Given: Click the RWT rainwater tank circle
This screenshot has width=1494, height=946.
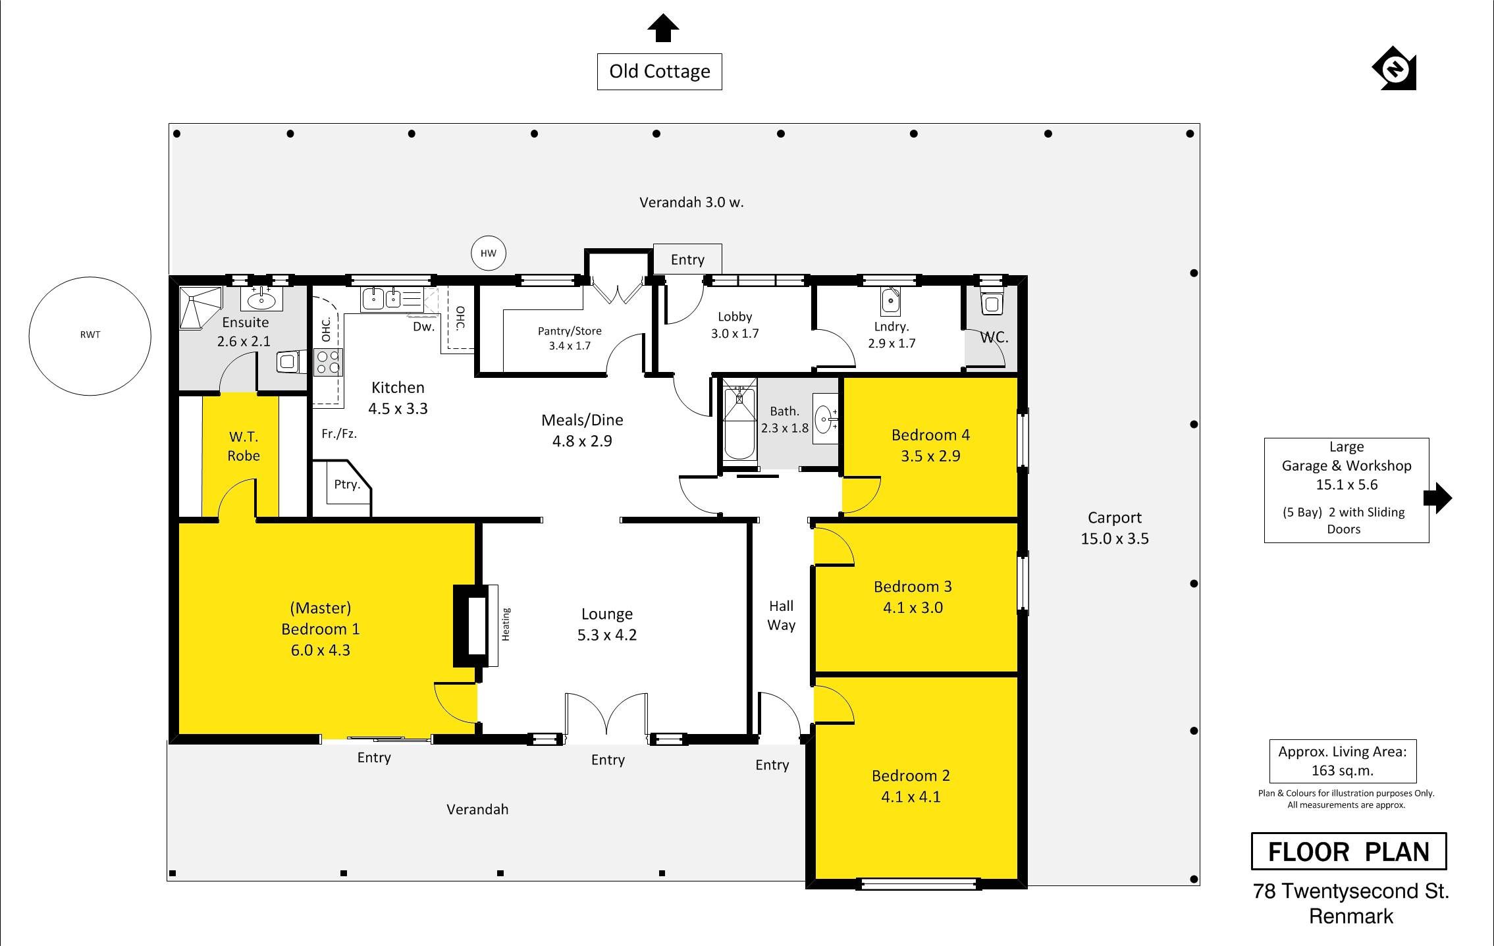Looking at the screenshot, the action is (90, 277).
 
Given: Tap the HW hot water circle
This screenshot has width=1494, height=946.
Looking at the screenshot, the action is (489, 236).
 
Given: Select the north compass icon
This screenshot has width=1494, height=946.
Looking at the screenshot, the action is (1395, 68).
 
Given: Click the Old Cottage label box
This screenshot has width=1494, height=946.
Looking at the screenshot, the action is (659, 72).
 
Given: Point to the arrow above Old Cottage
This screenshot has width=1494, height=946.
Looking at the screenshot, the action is (663, 28).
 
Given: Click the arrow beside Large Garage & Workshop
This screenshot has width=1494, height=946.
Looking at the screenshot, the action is (1438, 498).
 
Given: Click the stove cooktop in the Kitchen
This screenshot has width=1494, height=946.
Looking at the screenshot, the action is (328, 363).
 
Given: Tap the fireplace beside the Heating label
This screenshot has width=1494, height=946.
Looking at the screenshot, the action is (471, 625).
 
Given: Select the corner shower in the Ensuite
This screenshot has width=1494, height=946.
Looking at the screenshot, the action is (200, 307).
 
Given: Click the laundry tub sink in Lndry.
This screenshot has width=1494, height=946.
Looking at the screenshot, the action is (890, 302).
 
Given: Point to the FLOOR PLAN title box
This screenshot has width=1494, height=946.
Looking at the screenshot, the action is (1348, 851).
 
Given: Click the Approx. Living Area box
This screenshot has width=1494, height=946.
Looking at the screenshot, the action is (1343, 761).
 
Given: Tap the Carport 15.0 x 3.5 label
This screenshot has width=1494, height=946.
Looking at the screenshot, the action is (1114, 528).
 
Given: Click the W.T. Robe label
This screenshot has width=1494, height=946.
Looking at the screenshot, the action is (244, 446).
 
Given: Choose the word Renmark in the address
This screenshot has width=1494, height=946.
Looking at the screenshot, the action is (1351, 916).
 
